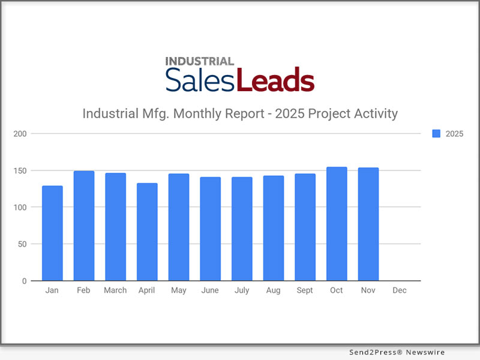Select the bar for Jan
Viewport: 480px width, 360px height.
(52, 233)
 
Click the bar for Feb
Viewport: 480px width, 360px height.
(84, 226)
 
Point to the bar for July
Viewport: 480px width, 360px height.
(242, 229)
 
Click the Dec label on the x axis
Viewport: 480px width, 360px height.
(400, 290)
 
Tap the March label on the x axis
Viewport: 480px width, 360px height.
(115, 290)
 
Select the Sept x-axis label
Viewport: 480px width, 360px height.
(305, 290)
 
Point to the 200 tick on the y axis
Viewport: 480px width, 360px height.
(20, 133)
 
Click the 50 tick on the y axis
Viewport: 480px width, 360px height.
(23, 244)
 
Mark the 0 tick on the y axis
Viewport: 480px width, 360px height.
(25, 281)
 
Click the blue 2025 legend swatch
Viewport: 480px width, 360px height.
(436, 134)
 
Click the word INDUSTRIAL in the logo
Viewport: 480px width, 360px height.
(199, 61)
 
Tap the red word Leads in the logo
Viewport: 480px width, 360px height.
(275, 80)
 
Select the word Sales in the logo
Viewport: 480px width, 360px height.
(200, 80)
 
